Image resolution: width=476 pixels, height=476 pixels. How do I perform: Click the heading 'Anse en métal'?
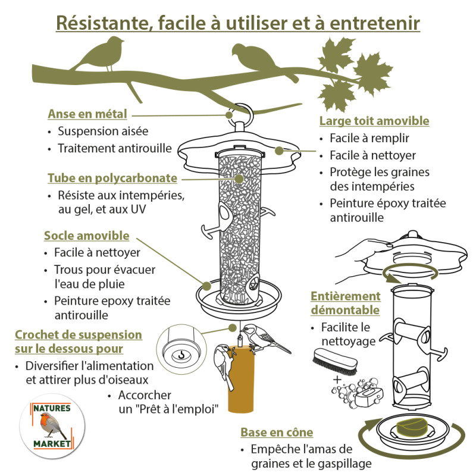[x=87, y=114]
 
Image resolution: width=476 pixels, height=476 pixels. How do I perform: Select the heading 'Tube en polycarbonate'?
[x=112, y=178]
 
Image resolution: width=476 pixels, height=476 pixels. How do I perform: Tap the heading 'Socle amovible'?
[x=86, y=236]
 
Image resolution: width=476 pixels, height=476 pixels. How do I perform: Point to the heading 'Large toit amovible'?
[x=374, y=121]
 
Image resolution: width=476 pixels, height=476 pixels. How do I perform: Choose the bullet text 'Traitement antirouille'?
[x=114, y=148]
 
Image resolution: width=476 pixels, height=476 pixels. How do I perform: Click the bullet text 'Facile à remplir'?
[x=370, y=139]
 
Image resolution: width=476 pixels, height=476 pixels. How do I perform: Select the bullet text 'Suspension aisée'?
[x=103, y=131]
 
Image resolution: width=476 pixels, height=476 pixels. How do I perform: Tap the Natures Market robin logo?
[x=51, y=426]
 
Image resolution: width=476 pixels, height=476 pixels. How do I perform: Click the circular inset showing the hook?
[x=178, y=353]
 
